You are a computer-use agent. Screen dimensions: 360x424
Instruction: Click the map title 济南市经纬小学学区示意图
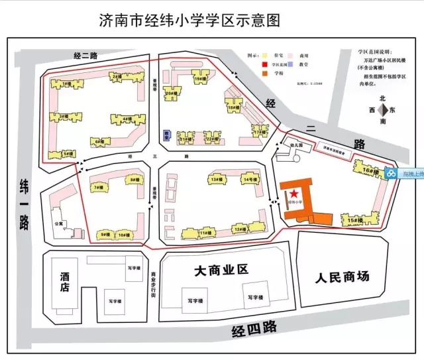[189, 20]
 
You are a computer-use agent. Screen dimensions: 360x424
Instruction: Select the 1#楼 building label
[66, 85]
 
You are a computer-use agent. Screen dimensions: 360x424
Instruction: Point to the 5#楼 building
[68, 154]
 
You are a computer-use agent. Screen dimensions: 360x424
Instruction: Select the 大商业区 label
[221, 270]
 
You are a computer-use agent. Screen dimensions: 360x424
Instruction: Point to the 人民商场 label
[341, 276]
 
